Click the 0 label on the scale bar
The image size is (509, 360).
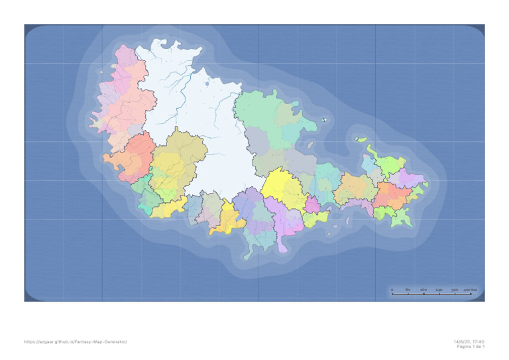click(392, 290)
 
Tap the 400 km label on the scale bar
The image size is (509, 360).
click(469, 290)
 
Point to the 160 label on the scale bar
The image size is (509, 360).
click(423, 290)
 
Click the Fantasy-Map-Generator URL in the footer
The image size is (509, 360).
click(76, 341)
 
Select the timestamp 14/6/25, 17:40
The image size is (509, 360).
click(469, 341)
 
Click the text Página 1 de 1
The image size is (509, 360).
click(471, 347)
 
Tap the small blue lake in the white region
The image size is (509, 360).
click(207, 84)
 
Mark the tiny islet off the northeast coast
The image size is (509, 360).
click(324, 120)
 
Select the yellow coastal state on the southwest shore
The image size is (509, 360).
click(168, 208)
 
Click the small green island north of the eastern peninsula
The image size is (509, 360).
click(361, 139)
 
